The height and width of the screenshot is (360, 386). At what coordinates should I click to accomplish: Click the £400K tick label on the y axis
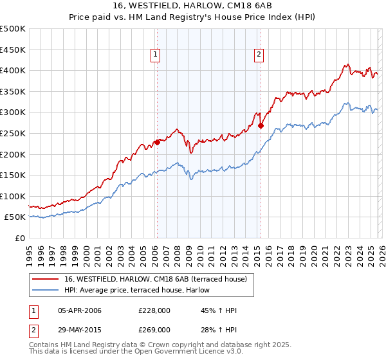[13, 70]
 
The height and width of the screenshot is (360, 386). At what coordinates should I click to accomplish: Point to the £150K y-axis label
[13, 175]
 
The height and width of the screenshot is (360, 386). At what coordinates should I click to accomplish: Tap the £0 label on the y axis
[21, 238]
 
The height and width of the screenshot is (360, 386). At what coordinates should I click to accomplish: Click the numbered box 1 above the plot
[156, 56]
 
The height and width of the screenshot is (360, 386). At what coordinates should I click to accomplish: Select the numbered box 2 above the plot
[259, 56]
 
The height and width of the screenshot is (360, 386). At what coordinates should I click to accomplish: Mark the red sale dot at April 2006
[157, 143]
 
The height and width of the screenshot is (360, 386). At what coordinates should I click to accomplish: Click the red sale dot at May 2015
[261, 126]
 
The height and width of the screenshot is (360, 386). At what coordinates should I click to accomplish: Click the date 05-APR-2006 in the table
[79, 311]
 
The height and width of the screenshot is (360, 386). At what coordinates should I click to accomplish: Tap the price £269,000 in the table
[154, 329]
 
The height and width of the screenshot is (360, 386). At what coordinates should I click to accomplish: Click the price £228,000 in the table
[154, 311]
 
